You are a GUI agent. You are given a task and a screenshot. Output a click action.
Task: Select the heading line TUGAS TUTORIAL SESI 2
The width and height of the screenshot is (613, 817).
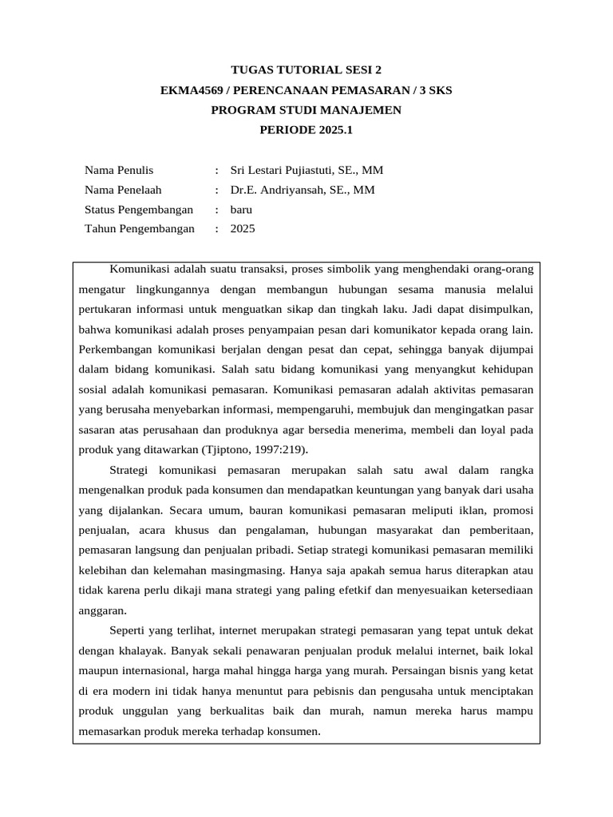click(x=306, y=70)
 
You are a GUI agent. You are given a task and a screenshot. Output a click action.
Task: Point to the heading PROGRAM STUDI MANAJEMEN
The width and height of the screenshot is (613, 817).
click(x=306, y=109)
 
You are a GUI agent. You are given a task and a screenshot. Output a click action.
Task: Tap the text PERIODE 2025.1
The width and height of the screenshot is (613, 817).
click(x=306, y=129)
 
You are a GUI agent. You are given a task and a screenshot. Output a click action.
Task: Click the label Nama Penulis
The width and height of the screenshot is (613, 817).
click(x=119, y=170)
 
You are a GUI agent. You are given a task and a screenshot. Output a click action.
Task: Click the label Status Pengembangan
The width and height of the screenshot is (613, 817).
click(x=139, y=210)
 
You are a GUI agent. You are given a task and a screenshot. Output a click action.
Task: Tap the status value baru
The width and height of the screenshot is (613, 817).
click(x=241, y=210)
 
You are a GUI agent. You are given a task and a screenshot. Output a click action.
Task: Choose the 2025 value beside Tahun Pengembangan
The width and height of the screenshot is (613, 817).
click(x=243, y=229)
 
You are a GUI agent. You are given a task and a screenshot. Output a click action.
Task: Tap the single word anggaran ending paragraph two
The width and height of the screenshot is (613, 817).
click(x=103, y=610)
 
